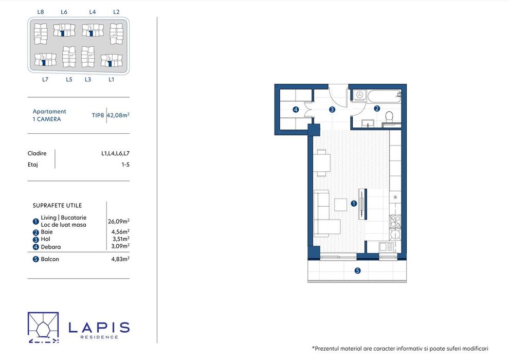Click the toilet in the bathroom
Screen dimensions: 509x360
pyautogui.click(x=389, y=117)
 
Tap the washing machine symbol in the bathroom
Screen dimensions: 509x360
pyautogui.click(x=359, y=95)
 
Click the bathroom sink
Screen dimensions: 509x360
pyautogui.click(x=368, y=123)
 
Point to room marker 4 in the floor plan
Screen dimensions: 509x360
pyautogui.click(x=296, y=110)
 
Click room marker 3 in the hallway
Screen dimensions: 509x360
pyautogui.click(x=332, y=110)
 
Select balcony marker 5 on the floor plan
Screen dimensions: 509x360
pyautogui.click(x=357, y=271)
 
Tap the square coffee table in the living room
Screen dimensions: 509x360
pyautogui.click(x=341, y=205)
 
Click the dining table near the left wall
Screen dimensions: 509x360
pyautogui.click(x=322, y=163)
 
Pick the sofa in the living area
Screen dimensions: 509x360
pyautogui.click(x=324, y=213)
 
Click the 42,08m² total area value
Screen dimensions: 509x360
pyautogui.click(x=118, y=115)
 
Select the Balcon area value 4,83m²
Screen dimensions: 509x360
pyautogui.click(x=120, y=259)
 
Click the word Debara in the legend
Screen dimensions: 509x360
pyautogui.click(x=50, y=247)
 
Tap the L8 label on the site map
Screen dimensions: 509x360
pyautogui.click(x=41, y=12)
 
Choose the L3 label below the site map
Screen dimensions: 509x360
pyautogui.click(x=88, y=80)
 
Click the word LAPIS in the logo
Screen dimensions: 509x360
pyautogui.click(x=99, y=328)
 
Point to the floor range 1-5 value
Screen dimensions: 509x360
pyautogui.click(x=125, y=165)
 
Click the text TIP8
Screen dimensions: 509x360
pyautogui.click(x=98, y=115)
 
